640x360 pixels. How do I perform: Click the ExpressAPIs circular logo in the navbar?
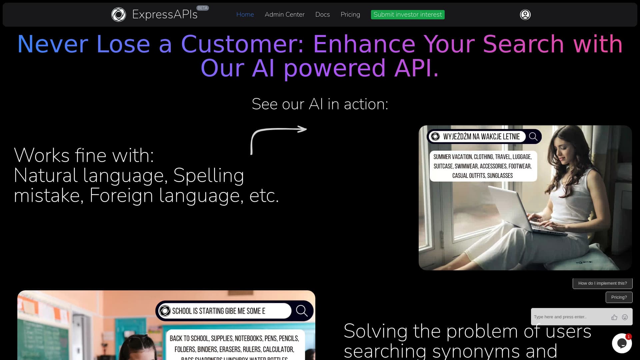(118, 15)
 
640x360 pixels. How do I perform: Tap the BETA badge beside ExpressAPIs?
(202, 8)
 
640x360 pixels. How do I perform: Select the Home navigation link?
(245, 15)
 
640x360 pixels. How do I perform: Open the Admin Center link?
(284, 15)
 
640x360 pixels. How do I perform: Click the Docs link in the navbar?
(322, 15)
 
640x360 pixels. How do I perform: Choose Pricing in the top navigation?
(350, 15)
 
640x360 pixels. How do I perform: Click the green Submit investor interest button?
(407, 15)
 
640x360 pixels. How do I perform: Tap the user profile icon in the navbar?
(525, 15)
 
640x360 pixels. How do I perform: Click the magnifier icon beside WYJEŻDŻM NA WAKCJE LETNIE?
(533, 136)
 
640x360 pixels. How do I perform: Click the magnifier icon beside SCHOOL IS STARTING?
(302, 311)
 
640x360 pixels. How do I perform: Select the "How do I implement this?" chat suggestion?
(602, 283)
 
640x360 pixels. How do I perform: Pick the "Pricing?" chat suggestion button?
(619, 297)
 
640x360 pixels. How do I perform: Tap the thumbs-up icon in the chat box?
(614, 317)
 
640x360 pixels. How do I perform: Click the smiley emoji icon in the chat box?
(625, 317)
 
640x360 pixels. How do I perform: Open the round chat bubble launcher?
(622, 343)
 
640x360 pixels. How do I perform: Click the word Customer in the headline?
(242, 44)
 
